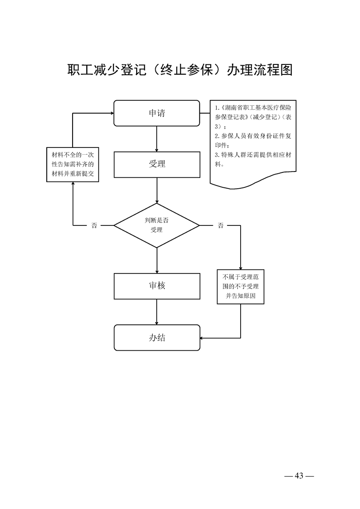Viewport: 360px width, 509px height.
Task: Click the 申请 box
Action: [x=157, y=113]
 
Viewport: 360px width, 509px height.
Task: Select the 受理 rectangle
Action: [x=157, y=164]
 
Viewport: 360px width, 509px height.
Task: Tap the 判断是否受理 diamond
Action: [x=157, y=225]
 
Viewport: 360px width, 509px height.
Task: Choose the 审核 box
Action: [x=157, y=286]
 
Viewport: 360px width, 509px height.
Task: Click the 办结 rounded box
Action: [x=157, y=338]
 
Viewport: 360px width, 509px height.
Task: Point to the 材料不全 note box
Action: [x=73, y=164]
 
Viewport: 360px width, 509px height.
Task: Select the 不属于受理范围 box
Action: [x=241, y=286]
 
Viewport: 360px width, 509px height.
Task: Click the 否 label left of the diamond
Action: [x=94, y=225]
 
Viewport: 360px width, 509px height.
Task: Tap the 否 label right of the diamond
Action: [x=221, y=225]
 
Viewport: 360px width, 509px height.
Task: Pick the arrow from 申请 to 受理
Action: [x=157, y=139]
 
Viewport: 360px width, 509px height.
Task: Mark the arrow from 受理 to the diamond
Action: [x=157, y=191]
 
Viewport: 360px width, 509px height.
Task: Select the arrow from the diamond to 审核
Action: [x=157, y=260]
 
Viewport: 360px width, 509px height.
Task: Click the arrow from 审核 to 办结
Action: [x=157, y=312]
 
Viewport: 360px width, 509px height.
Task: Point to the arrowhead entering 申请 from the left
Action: [x=111, y=113]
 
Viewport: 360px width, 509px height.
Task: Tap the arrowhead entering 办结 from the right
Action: [x=202, y=338]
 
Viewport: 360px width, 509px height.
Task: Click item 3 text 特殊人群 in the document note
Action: [x=233, y=155]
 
